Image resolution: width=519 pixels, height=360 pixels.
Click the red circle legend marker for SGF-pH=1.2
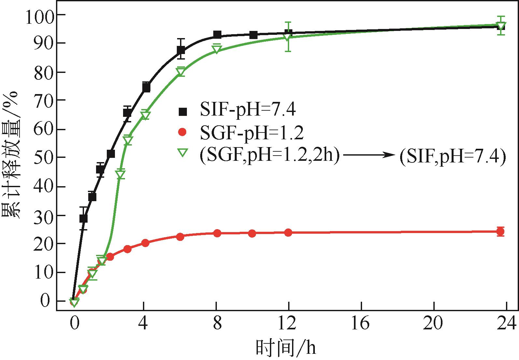point(183,132)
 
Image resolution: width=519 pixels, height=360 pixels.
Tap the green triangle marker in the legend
point(183,152)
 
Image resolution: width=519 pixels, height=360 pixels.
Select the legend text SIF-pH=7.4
point(248,110)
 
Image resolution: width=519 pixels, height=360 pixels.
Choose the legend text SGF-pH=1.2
point(251,132)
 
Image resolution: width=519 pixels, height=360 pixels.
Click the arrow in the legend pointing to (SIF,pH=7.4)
point(369,156)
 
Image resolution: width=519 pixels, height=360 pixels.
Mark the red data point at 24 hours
point(501,232)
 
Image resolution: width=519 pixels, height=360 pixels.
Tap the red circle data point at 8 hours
point(217,233)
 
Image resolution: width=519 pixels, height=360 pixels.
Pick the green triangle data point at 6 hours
point(181,72)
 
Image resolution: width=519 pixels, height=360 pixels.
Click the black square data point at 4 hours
point(146,88)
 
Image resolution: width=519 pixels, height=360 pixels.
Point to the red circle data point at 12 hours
point(288,232)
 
